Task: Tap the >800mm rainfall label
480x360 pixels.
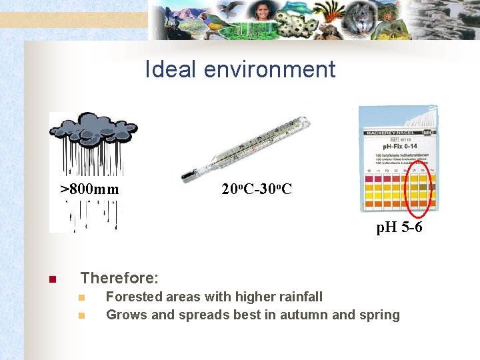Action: [x=90, y=190]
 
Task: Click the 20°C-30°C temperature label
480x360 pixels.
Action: [x=256, y=190]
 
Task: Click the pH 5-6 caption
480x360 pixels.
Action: [x=399, y=228]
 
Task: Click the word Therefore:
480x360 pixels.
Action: [x=119, y=278]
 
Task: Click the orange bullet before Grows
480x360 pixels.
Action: [x=81, y=315]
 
